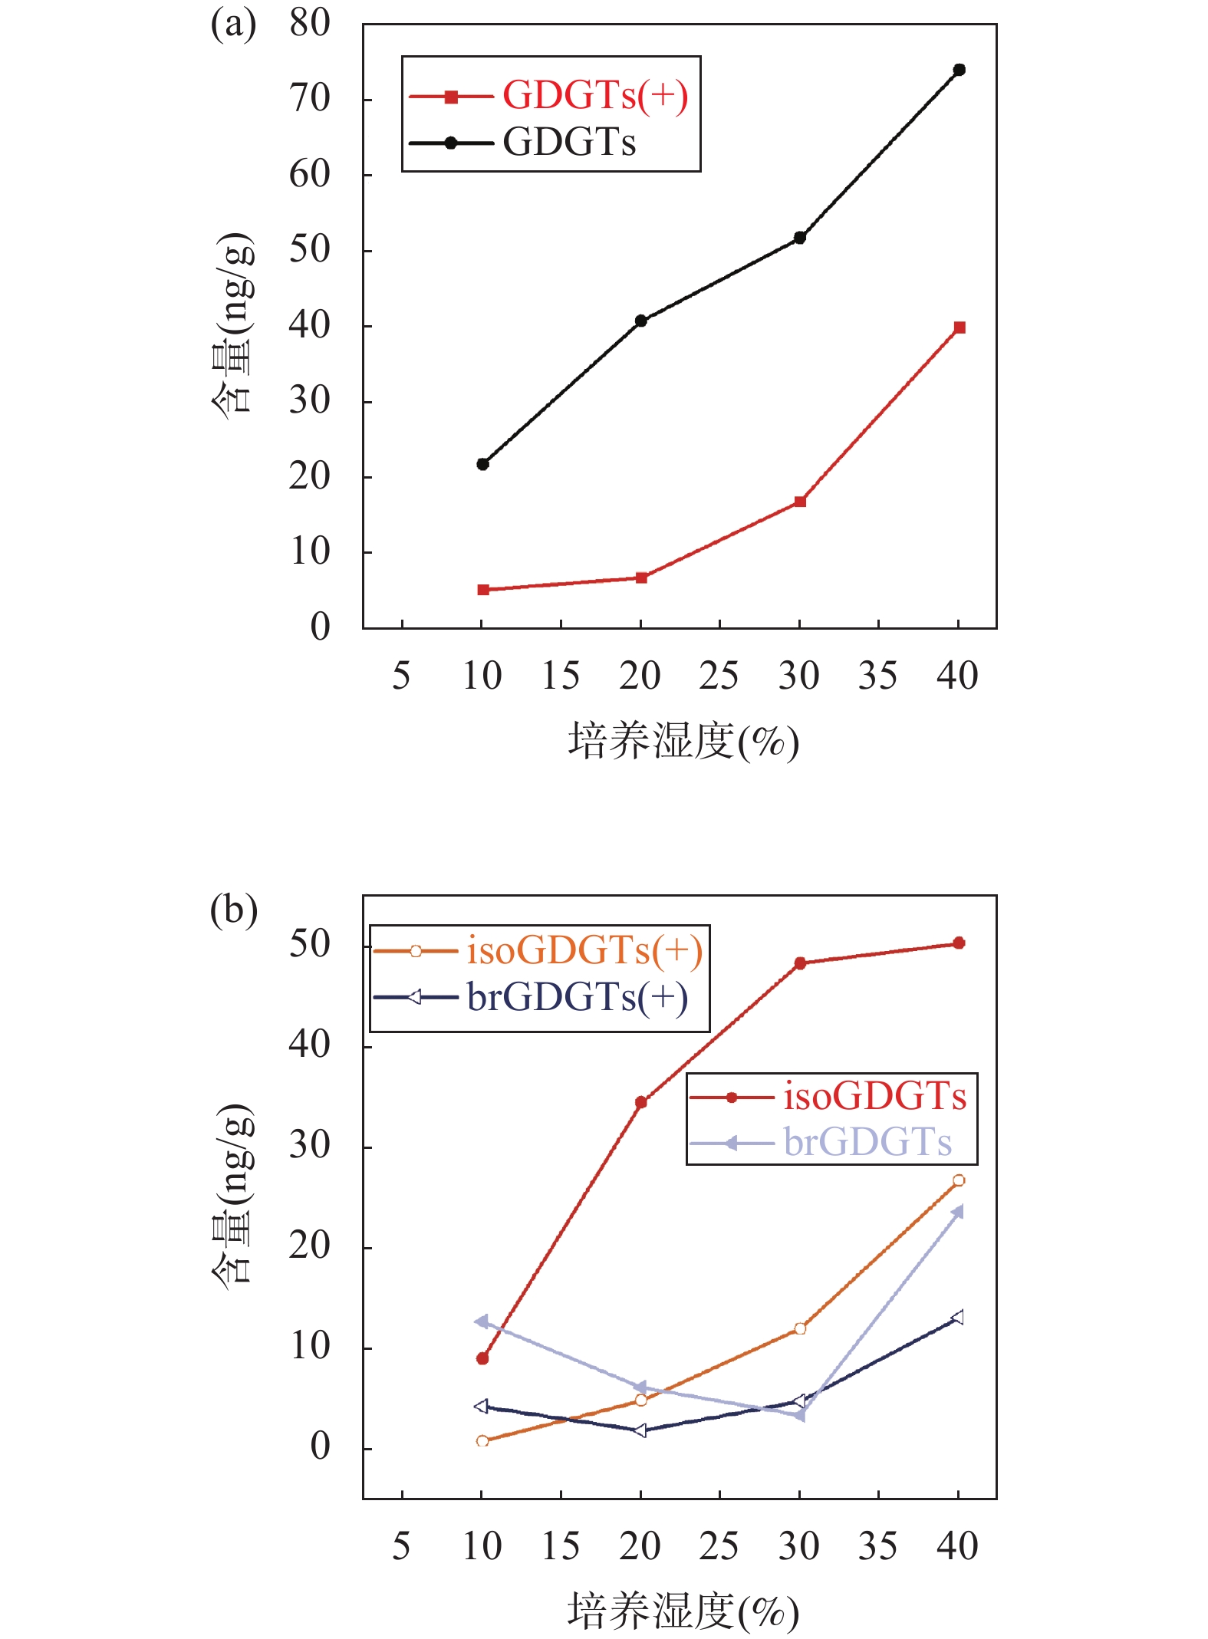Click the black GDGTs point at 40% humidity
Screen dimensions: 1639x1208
point(959,70)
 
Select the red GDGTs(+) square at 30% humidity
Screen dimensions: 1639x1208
point(800,502)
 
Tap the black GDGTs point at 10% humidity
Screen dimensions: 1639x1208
point(482,464)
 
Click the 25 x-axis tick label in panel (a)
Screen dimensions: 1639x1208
point(719,676)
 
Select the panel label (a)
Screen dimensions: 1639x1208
point(232,25)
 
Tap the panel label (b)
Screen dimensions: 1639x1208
point(233,910)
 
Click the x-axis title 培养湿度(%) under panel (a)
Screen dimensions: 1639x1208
point(683,742)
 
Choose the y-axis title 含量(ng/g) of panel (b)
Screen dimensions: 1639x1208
point(232,1196)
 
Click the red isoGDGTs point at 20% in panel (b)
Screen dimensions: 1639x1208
point(641,1102)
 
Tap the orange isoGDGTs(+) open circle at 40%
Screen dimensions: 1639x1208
point(959,1180)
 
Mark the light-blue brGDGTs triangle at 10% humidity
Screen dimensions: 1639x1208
point(482,1321)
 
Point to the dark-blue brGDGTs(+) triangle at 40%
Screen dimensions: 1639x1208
point(957,1318)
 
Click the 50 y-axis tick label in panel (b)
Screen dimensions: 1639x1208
point(310,945)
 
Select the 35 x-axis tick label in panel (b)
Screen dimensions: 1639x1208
point(877,1547)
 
